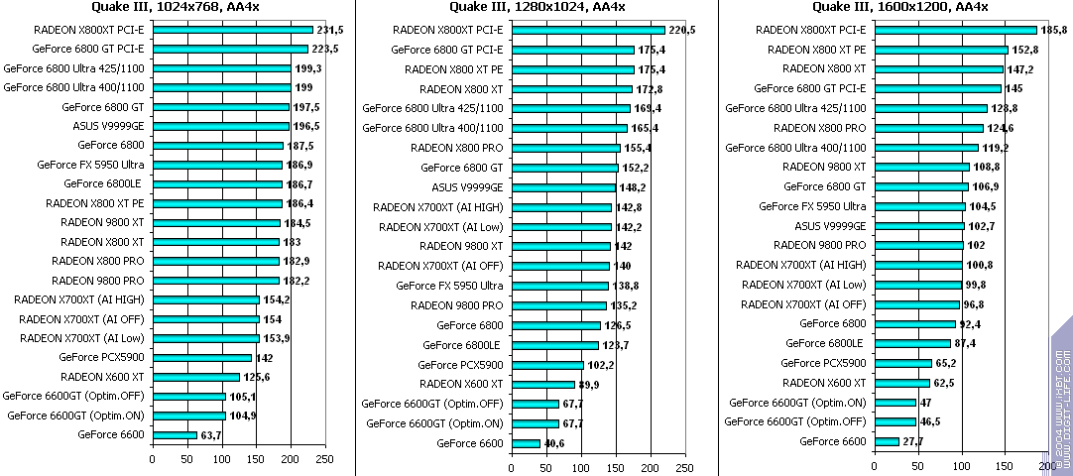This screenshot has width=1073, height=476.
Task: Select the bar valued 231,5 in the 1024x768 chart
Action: tap(233, 29)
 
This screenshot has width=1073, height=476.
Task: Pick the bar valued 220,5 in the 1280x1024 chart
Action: tap(588, 30)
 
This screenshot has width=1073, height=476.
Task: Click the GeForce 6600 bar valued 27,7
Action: tap(886, 440)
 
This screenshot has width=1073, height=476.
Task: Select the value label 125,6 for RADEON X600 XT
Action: tap(257, 377)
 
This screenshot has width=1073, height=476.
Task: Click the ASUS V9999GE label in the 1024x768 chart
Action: tap(108, 126)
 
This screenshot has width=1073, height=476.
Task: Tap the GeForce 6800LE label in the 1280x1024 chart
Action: tap(462, 345)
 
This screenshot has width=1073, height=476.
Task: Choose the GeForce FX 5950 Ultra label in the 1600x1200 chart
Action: tap(812, 206)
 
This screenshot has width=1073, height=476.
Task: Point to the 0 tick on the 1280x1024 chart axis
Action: tap(512, 466)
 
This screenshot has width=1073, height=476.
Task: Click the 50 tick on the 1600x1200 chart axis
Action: tap(917, 466)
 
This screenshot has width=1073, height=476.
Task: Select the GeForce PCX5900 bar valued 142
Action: tap(202, 357)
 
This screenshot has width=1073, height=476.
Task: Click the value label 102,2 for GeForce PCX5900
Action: tap(601, 365)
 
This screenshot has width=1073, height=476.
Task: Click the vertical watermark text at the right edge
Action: tap(1062, 397)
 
